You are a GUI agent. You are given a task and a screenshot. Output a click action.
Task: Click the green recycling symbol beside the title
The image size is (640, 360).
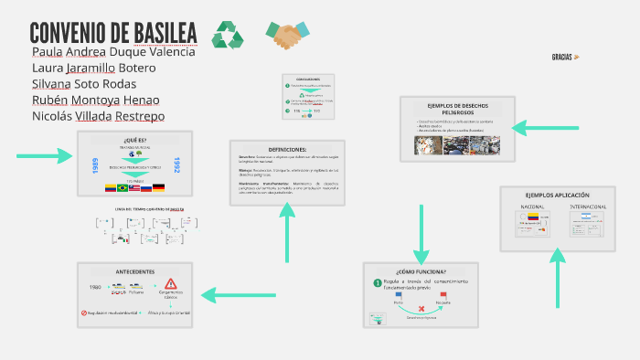[228, 35]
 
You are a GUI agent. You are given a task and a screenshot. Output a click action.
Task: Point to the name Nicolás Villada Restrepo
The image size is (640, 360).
[98, 116]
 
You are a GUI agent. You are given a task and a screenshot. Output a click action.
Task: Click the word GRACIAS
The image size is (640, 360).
[562, 57]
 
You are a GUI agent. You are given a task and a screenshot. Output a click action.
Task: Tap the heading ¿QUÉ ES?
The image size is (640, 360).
[134, 139]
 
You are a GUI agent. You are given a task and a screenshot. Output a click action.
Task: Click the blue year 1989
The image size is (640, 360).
[94, 166]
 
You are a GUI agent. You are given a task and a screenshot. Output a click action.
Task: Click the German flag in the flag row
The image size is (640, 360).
[158, 187]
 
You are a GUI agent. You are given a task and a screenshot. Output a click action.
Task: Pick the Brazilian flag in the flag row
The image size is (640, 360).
[123, 187]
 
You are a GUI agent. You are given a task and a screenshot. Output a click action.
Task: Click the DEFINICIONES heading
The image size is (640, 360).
[287, 148]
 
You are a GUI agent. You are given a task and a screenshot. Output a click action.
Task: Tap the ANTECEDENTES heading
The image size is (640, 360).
[134, 272]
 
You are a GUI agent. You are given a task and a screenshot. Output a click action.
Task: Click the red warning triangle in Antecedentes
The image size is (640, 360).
[170, 285]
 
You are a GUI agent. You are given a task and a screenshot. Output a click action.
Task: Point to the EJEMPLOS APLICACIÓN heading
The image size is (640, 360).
[557, 196]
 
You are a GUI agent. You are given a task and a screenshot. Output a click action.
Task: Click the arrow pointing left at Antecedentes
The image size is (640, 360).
[232, 294]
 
